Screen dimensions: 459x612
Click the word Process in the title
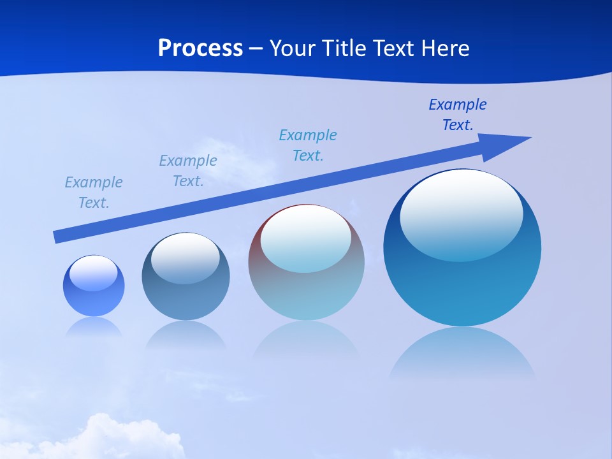point(200,48)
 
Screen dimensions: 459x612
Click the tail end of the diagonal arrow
point(57,237)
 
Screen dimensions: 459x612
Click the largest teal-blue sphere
point(462,280)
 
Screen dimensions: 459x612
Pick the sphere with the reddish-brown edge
point(306,287)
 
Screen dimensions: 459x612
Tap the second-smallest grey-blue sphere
point(186,293)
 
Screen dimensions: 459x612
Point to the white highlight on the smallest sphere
point(94,273)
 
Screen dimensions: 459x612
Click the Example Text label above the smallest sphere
point(94,193)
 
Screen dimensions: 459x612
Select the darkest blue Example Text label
point(458,115)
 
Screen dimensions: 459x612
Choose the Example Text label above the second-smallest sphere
point(188,171)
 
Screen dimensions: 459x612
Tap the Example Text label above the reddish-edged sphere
point(308,145)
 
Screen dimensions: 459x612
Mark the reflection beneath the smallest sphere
point(94,326)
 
